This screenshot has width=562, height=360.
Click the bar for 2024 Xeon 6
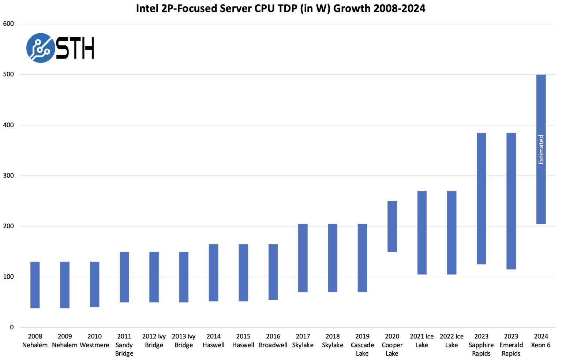(x=541, y=190)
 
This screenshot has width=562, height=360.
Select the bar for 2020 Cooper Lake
(x=392, y=226)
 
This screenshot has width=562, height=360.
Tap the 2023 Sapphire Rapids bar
(x=481, y=198)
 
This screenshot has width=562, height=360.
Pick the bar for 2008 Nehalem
(x=35, y=285)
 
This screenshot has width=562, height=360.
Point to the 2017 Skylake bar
(x=303, y=258)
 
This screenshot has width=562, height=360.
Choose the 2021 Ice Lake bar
(x=421, y=232)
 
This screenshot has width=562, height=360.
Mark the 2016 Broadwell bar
(x=273, y=271)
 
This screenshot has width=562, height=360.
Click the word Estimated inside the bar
(x=541, y=149)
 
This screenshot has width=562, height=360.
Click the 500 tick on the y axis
(x=8, y=74)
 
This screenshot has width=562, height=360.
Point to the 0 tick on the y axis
(x=12, y=327)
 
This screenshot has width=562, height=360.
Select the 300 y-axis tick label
(x=8, y=176)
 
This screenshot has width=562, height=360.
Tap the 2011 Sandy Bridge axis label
(x=124, y=345)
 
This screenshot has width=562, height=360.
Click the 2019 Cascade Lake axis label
(x=362, y=345)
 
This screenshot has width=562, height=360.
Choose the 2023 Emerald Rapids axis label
(x=511, y=345)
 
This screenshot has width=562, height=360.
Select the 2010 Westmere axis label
(x=94, y=341)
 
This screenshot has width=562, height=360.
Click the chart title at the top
(x=281, y=8)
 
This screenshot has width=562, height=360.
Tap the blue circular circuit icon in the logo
(x=41, y=48)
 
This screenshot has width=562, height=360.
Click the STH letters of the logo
(x=75, y=48)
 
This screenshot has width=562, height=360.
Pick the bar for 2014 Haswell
(x=213, y=272)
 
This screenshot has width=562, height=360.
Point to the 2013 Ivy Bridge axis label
(x=184, y=341)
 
